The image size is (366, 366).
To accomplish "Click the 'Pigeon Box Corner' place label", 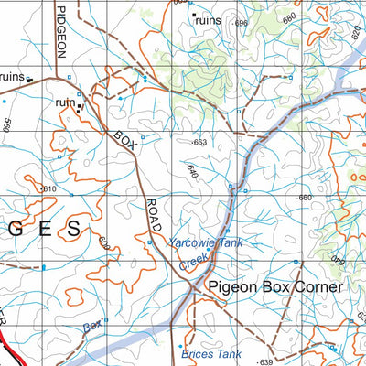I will coord(274,287).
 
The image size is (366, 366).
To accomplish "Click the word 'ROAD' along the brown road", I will coord(154,212).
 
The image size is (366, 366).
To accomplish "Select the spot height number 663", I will coord(200,143).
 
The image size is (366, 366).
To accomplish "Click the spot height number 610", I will coord(48,188).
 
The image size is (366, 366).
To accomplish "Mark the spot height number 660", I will coord(304,198).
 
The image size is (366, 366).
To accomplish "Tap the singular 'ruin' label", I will coord(65,103).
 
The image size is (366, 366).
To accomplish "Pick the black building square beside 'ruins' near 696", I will coord(193,15).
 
